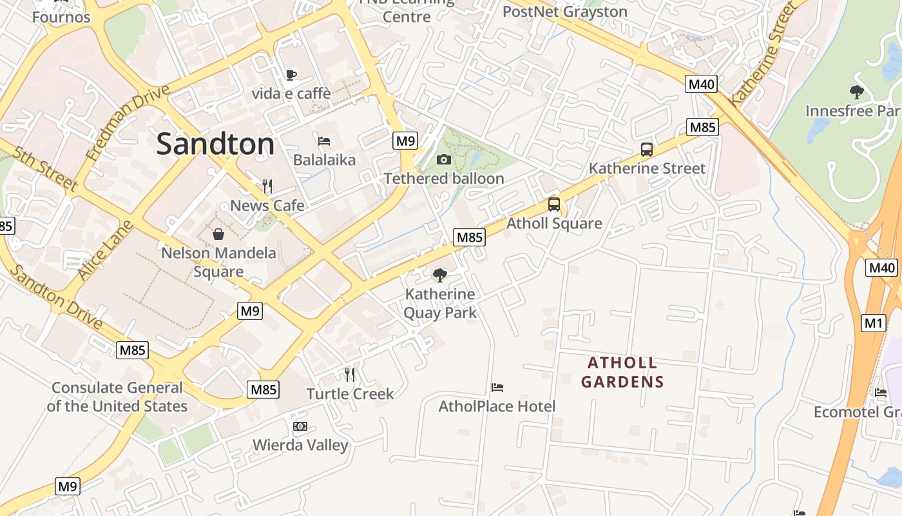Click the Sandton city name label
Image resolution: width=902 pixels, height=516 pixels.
215,144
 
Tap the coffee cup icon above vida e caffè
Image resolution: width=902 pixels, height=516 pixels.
291,75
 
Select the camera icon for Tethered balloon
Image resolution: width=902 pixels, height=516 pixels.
444,159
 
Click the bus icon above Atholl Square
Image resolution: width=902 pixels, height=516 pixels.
553,204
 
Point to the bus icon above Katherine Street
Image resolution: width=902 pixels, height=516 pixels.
647,150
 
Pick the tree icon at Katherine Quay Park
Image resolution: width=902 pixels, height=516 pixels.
440,275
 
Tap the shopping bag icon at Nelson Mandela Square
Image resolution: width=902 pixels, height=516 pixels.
218,233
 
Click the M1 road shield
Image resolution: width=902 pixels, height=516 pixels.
873,323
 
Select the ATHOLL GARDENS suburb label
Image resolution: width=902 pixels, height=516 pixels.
622,372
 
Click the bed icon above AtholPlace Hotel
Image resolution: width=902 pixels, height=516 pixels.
497,388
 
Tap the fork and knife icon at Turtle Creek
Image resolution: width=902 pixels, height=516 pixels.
350,374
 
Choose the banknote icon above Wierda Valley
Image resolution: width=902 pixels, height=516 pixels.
300,426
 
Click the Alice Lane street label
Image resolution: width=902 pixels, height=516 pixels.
105,250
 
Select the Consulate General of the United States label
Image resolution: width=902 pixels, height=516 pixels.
117,397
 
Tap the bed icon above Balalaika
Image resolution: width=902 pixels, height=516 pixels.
324,141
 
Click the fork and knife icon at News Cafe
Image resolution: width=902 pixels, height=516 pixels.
267,186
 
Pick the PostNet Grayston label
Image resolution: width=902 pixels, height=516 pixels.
564,12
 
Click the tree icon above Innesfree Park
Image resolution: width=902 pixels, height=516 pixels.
856,92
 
